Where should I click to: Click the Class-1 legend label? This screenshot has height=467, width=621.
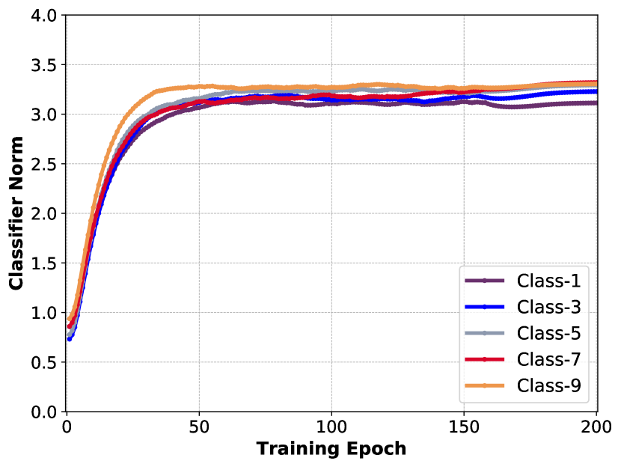point(548,281)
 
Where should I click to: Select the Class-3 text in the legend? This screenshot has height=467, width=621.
point(548,307)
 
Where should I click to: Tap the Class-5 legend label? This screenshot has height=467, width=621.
point(548,333)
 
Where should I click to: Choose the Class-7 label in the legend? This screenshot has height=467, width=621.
point(548,359)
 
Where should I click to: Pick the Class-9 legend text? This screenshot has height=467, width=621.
point(548,385)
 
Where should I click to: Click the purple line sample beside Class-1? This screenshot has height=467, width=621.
point(485,281)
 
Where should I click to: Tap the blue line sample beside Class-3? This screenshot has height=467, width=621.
point(485,307)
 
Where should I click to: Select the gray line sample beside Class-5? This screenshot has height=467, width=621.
point(485,333)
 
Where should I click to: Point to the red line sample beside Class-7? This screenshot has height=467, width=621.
point(485,359)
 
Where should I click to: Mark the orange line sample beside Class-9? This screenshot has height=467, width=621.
point(485,385)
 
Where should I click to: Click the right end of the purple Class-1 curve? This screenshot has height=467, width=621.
point(596,103)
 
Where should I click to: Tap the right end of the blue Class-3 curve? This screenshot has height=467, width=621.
point(596,92)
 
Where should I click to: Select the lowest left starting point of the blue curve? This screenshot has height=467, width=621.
point(70,339)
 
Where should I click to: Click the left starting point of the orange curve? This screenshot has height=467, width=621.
point(67,322)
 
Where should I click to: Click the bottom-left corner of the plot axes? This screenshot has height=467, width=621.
point(67,410)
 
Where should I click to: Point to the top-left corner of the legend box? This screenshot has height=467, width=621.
point(459,265)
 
